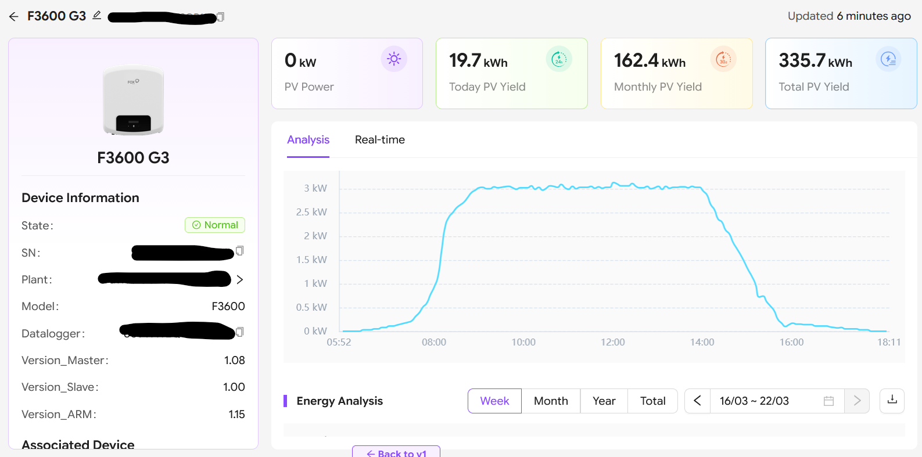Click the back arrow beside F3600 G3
(x=14, y=17)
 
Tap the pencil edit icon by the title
(x=97, y=15)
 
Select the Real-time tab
(x=379, y=140)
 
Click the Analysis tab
(x=308, y=140)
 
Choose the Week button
(x=494, y=401)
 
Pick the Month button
(x=551, y=401)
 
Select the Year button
(x=604, y=401)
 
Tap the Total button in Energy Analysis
(x=652, y=401)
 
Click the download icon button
(x=892, y=400)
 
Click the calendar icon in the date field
(x=828, y=401)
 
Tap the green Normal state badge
(x=215, y=225)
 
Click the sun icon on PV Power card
(x=394, y=59)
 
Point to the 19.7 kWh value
(x=478, y=61)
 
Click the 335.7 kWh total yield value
(x=815, y=61)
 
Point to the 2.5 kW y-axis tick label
(x=311, y=213)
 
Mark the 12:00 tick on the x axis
(x=612, y=343)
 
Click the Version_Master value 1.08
(x=235, y=361)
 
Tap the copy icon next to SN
(x=239, y=251)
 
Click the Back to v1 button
(x=396, y=452)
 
